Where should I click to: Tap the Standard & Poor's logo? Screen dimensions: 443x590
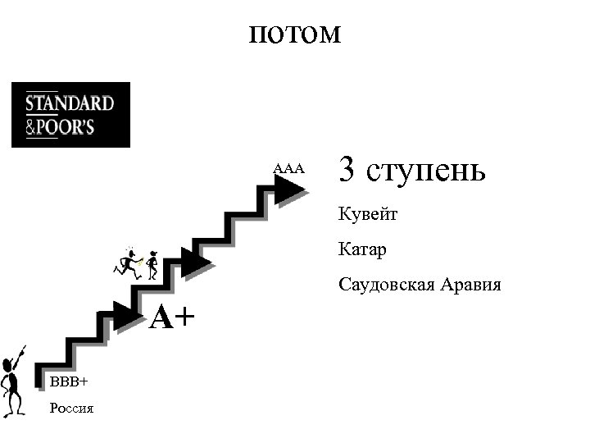[x=70, y=115]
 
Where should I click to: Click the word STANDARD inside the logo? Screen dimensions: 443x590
[x=70, y=104]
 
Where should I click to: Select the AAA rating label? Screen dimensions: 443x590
[x=288, y=169]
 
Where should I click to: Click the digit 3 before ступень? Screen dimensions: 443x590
[x=347, y=170]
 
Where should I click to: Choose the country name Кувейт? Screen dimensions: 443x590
[x=368, y=215]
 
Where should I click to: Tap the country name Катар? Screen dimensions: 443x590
[x=362, y=249]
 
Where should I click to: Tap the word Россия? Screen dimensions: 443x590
[x=71, y=408]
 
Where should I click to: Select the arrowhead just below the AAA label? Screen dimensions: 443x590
[x=288, y=191]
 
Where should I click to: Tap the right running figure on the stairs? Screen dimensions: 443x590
[x=152, y=264]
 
